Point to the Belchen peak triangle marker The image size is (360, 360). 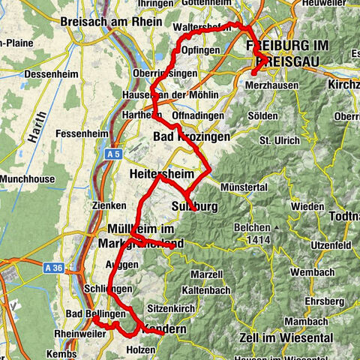coord(276,227)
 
